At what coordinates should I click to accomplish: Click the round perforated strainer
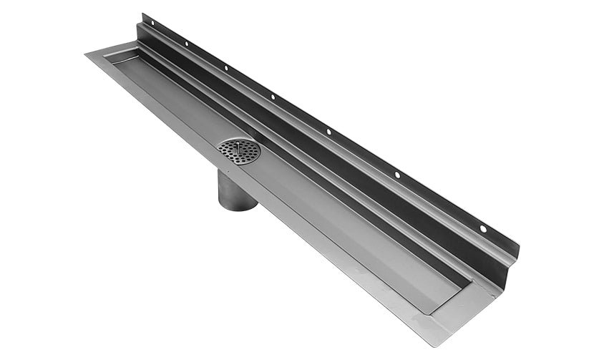[x=239, y=150]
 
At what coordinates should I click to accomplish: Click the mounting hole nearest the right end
[x=482, y=228]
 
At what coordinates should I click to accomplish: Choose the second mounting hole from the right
[x=398, y=174]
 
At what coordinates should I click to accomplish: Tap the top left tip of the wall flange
[x=142, y=14]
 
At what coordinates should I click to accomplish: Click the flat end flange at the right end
[x=465, y=308]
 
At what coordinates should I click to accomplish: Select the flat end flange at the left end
[x=107, y=52]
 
